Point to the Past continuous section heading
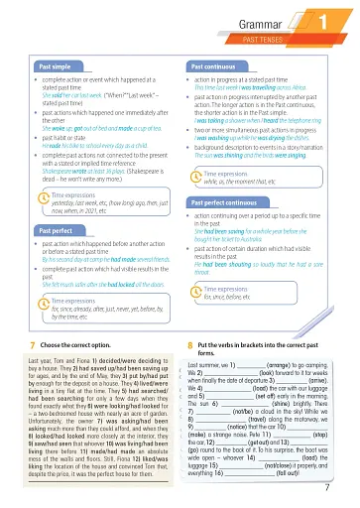[212, 65]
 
